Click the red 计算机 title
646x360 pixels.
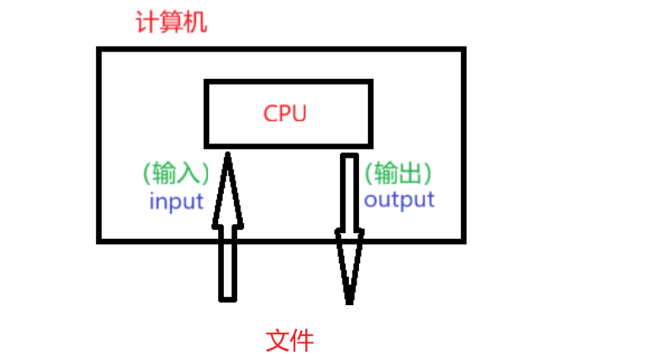coord(171,22)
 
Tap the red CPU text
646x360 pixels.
coord(285,114)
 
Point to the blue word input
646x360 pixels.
coord(176,201)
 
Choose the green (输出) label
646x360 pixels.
coord(399,173)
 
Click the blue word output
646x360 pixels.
coord(399,200)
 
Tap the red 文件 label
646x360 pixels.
coord(290,340)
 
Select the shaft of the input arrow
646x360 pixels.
coord(227,261)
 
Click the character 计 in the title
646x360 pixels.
coord(147,22)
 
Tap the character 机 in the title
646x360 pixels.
coord(195,22)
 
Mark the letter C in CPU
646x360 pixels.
coord(271,114)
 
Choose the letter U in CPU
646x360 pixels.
coord(299,114)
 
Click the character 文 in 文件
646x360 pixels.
coord(278,340)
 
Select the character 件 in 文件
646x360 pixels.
coord(303,340)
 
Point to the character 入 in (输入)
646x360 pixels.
coord(187,173)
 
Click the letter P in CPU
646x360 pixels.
coord(285,114)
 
